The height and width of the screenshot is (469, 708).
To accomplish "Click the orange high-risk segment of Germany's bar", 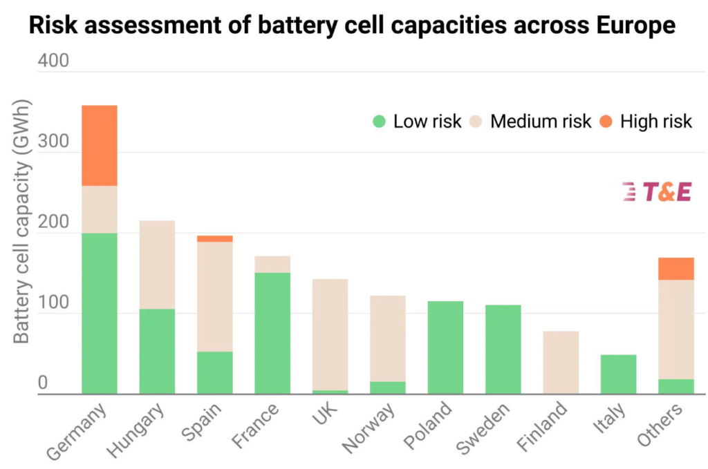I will [x=100, y=145].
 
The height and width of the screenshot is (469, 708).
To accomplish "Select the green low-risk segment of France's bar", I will [x=272, y=333].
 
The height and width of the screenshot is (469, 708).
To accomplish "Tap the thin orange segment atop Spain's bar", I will [x=215, y=238].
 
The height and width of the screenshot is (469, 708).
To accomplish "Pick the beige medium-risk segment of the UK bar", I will [x=330, y=334].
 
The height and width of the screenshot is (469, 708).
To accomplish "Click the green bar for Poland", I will [x=445, y=347].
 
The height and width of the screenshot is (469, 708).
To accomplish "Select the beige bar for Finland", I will [x=560, y=362].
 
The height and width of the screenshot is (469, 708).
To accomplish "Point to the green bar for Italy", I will [x=618, y=374].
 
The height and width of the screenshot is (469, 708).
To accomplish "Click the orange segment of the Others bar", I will [x=676, y=268].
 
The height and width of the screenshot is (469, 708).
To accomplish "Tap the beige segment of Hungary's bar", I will [x=157, y=265].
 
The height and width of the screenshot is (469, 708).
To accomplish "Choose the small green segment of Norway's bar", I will [x=388, y=387].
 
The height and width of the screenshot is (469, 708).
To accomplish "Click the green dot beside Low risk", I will [x=378, y=122].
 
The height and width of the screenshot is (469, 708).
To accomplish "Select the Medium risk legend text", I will [x=540, y=122].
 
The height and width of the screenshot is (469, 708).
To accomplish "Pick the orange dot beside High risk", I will [x=606, y=122].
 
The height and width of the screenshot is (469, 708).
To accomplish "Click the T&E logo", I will [x=656, y=192].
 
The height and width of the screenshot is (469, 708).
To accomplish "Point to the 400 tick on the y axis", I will [x=53, y=61].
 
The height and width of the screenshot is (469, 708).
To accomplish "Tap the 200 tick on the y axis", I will [x=53, y=223].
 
